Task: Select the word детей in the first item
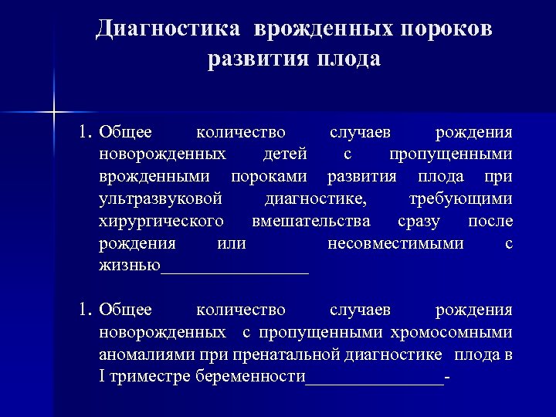(x=285, y=154)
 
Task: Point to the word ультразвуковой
(x=161, y=199)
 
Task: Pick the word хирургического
(x=161, y=222)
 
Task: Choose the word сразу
(x=419, y=222)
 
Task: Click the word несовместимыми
(x=395, y=244)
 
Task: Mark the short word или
(x=232, y=244)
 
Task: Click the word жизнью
(x=129, y=266)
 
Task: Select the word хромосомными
(x=453, y=333)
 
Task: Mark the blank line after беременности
(x=375, y=381)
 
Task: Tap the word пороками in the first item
(x=269, y=177)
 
